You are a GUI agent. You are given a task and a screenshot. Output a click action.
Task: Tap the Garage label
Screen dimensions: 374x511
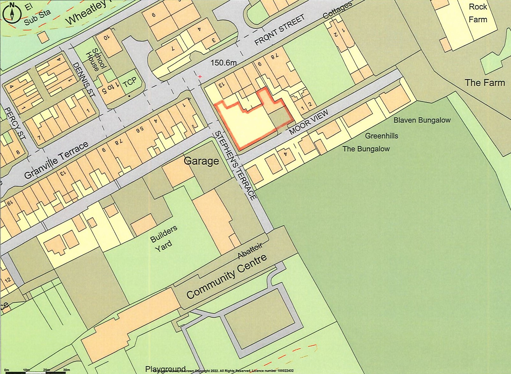(201, 161)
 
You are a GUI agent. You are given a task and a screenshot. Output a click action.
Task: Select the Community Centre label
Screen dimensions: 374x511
(226, 277)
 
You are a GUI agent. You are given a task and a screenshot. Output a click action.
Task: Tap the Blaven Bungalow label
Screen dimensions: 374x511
(422, 120)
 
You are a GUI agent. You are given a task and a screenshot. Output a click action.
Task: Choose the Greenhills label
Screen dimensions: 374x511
(381, 136)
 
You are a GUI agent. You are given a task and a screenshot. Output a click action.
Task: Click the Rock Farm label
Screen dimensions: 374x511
(478, 13)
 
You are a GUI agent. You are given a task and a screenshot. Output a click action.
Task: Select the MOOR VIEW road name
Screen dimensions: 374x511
(308, 123)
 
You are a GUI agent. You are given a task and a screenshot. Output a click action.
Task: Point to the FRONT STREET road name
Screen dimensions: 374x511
(279, 30)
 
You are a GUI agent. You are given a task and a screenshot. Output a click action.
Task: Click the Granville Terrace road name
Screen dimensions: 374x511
(56, 160)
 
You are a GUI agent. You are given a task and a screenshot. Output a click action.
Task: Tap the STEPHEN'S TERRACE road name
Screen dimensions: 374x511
(236, 166)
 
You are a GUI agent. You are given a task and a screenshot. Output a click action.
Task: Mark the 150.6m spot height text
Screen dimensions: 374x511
(224, 63)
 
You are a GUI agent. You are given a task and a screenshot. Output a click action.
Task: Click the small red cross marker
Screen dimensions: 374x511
(200, 77)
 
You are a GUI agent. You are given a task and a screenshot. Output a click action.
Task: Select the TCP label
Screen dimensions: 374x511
(130, 82)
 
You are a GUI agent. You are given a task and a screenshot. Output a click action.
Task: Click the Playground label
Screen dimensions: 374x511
(165, 369)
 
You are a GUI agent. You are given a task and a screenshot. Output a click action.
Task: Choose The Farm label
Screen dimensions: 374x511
(485, 83)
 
